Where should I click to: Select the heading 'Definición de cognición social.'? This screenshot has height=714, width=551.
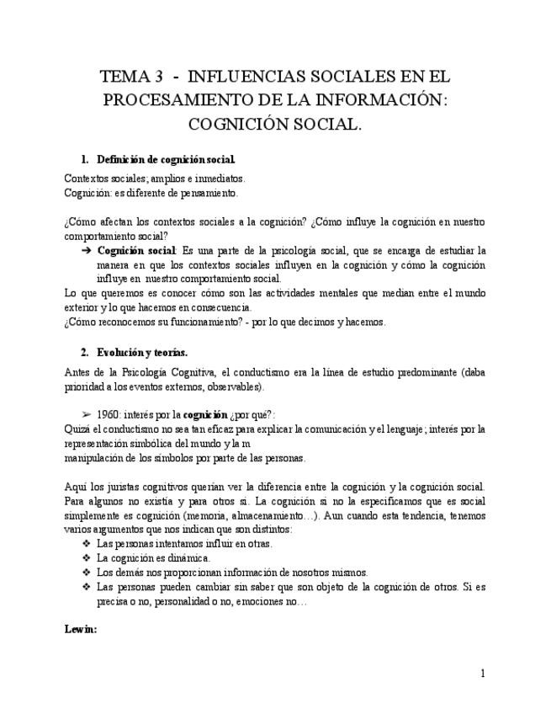point(167,160)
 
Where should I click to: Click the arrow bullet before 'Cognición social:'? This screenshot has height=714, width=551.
point(86,251)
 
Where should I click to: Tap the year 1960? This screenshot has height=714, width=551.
point(109,415)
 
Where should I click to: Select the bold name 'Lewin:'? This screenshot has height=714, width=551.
point(81,628)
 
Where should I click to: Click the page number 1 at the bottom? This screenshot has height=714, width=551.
point(483,674)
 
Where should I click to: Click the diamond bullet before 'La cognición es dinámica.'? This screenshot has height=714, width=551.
point(85,558)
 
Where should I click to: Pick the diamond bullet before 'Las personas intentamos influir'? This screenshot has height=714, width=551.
point(85,544)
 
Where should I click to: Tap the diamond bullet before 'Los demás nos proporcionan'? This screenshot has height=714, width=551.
point(85,573)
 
